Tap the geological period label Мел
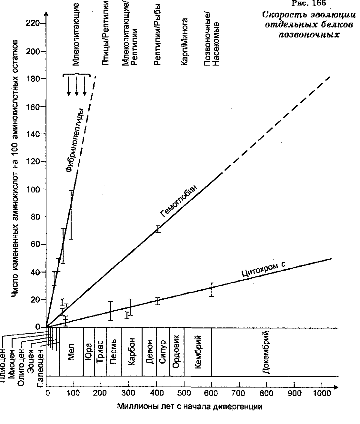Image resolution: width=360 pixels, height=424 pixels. pyautogui.click(x=71, y=354)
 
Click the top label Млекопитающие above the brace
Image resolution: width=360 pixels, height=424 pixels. pyautogui.click(x=76, y=34)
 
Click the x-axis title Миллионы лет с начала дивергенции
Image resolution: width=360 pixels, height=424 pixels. pyautogui.click(x=190, y=407)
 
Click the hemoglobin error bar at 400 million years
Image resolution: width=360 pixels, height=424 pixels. pyautogui.click(x=158, y=229)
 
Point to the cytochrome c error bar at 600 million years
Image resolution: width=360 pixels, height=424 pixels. pyautogui.click(x=212, y=290)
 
